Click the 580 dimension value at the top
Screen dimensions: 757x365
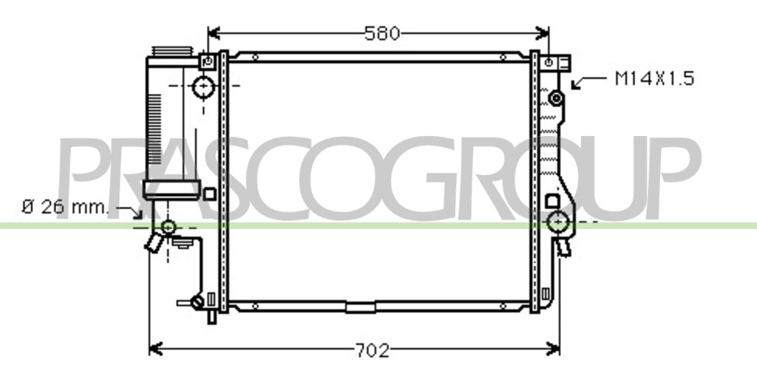[x=382, y=33]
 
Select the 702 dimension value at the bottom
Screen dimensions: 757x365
[x=373, y=349]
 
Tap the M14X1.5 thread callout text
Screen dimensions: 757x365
[x=654, y=78]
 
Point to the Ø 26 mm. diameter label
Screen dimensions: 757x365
[x=66, y=207]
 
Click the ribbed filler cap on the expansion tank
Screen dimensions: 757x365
[x=172, y=51]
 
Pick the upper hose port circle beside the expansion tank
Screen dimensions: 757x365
[x=203, y=87]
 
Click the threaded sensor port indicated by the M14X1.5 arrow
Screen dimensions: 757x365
[x=556, y=98]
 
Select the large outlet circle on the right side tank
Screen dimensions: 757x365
[x=559, y=222]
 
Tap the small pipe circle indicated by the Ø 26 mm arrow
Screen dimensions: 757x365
[x=168, y=226]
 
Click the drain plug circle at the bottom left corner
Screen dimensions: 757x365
[x=197, y=302]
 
